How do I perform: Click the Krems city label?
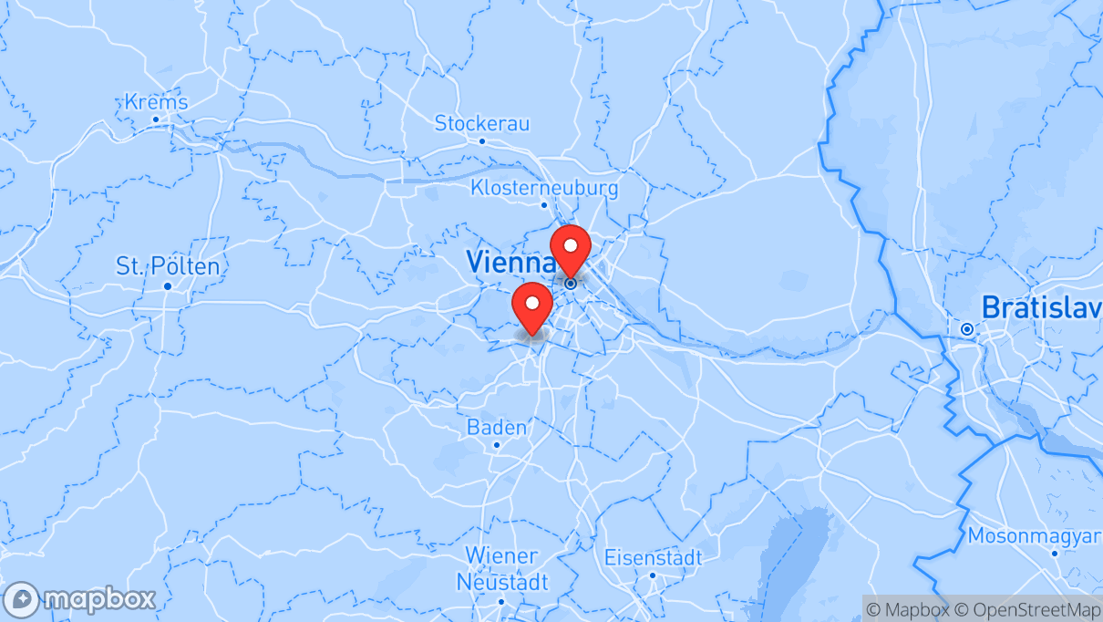(156, 101)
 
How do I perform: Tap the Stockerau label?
(481, 122)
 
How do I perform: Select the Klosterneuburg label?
(544, 188)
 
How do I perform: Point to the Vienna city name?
(510, 262)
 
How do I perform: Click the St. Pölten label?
(168, 266)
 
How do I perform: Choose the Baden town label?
(497, 427)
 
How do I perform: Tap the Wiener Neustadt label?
(502, 568)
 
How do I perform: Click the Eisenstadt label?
(653, 557)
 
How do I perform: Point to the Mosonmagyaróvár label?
(1035, 535)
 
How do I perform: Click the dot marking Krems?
(156, 119)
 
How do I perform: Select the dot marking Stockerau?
(482, 141)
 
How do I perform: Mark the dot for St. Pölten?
(168, 285)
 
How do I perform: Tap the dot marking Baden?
(497, 445)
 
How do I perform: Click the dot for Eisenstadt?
(653, 575)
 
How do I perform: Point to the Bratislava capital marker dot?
(966, 328)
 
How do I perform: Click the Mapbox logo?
(79, 599)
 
